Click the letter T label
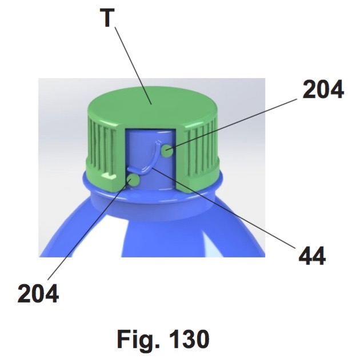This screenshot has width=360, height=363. point(107,18)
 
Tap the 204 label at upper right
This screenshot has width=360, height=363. point(323,89)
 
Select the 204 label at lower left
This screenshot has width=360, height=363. point(38,293)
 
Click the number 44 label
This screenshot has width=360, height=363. point(312,256)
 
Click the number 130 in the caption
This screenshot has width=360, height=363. point(189,339)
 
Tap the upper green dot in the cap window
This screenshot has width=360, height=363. point(167,151)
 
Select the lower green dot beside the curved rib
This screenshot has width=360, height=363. point(134,180)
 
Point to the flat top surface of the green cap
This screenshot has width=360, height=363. point(152,106)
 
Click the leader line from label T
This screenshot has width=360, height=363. point(133,66)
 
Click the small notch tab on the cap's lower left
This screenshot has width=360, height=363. point(109,176)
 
